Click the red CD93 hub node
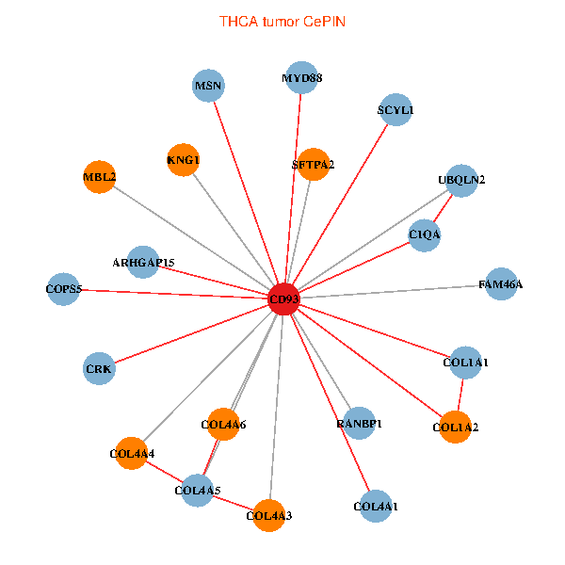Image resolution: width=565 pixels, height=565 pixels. [283, 299]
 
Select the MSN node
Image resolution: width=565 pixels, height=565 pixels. [208, 87]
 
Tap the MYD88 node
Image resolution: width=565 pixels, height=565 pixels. [302, 78]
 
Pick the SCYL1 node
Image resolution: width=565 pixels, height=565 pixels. [395, 110]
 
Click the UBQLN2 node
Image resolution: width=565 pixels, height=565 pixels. [461, 180]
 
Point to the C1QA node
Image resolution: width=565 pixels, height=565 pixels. [425, 234]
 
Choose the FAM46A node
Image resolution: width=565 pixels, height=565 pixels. [501, 283]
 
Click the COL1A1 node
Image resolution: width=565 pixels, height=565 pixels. [465, 362]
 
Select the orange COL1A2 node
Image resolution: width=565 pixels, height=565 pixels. [456, 428]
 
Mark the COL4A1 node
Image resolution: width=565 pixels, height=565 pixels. [376, 507]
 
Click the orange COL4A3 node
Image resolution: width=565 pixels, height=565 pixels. [269, 515]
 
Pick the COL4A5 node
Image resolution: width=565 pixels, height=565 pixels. [198, 490]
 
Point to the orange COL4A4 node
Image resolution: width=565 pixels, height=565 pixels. [132, 454]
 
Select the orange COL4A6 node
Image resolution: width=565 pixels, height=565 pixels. [223, 425]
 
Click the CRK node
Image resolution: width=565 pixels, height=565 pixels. [99, 369]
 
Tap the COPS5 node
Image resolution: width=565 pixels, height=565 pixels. [65, 288]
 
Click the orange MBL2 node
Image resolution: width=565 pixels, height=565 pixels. [99, 176]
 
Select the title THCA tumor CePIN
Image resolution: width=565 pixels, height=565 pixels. [282, 21]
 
